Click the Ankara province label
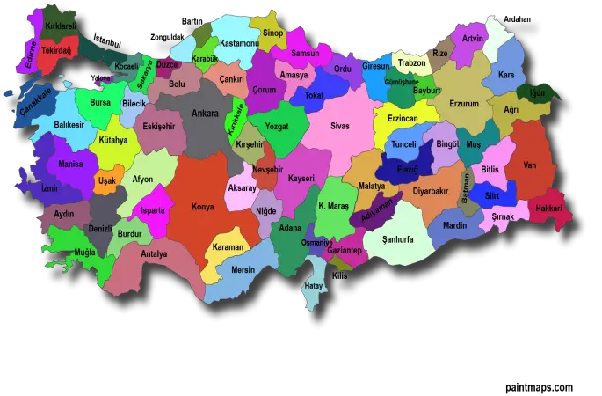(x=205, y=113)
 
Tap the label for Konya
(x=203, y=207)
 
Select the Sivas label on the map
(x=339, y=126)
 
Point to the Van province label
(x=529, y=165)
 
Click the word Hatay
(x=313, y=286)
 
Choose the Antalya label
(x=154, y=254)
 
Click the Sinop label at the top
(x=273, y=33)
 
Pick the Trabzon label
(x=411, y=63)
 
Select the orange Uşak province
(x=106, y=180)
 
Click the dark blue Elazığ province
(x=407, y=167)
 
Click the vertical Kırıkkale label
(x=236, y=118)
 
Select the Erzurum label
(x=464, y=103)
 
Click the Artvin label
(x=473, y=39)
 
